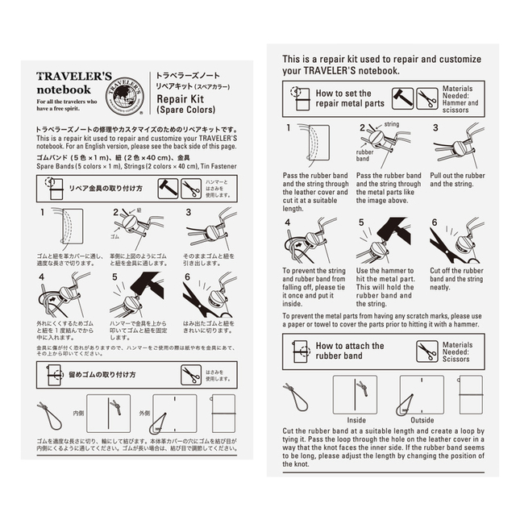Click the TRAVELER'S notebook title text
[x=64, y=83]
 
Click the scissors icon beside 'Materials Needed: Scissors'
[x=426, y=352]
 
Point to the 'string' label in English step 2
[x=392, y=125]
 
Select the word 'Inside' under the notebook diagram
[x=355, y=419]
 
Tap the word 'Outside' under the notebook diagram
[x=422, y=419]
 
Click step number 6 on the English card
[x=435, y=222]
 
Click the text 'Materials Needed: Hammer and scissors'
[x=461, y=98]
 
